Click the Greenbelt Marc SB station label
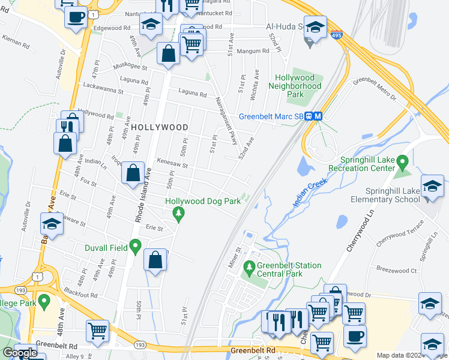click(271, 116)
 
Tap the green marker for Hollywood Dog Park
click(178, 212)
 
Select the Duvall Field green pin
click(136, 246)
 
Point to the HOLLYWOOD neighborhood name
click(159, 127)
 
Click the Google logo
click(20, 353)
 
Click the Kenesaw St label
click(172, 163)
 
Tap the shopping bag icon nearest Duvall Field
click(155, 260)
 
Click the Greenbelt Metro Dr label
click(376, 88)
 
